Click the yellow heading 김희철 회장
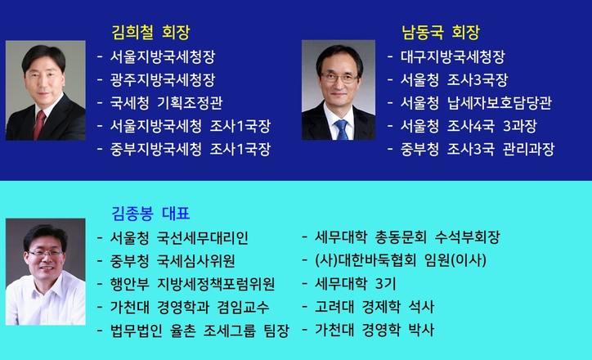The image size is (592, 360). click(x=150, y=33)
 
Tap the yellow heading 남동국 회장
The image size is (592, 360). click(x=440, y=33)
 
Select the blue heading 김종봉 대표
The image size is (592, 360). click(x=150, y=214)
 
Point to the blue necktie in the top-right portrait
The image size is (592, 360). click(x=342, y=129)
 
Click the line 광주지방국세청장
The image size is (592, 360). click(x=163, y=79)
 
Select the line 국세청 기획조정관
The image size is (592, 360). click(x=166, y=103)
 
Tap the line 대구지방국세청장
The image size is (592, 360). click(x=453, y=57)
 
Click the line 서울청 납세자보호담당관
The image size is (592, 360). click(x=476, y=103)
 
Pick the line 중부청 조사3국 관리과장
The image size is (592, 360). click(x=478, y=149)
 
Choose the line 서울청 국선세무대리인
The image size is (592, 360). click(x=179, y=238)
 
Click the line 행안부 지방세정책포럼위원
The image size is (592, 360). click(x=192, y=284)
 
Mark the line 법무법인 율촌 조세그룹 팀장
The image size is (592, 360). click(x=200, y=331)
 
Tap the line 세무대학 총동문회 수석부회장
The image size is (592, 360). click(x=407, y=237)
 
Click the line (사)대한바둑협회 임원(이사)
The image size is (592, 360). click(x=401, y=260)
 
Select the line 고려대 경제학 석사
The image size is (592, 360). click(x=374, y=306)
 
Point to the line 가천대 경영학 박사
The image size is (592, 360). click(x=374, y=330)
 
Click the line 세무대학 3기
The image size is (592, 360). click(x=355, y=283)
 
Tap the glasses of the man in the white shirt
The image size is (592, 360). click(x=45, y=254)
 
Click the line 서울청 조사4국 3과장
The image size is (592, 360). click(x=469, y=126)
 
